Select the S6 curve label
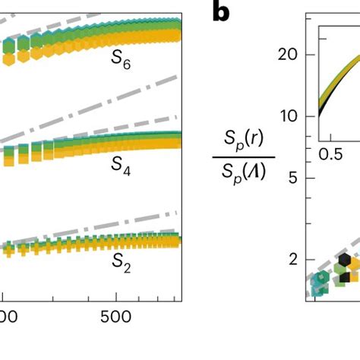tap(121, 64)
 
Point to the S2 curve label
tap(121, 262)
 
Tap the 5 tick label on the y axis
tap(292, 178)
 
